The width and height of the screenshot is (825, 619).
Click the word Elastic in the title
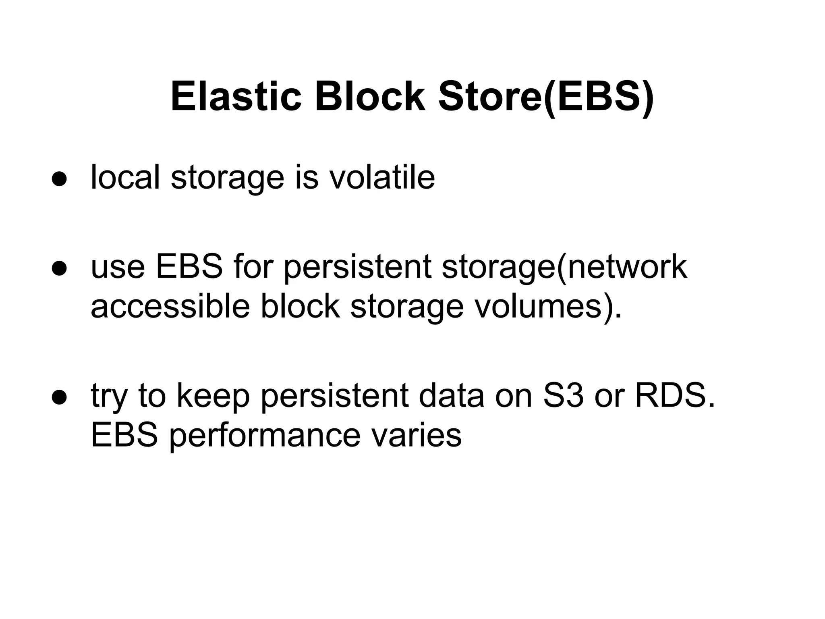[x=236, y=97]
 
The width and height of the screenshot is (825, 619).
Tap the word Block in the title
[x=369, y=97]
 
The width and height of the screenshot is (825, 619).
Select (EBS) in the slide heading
[x=598, y=97]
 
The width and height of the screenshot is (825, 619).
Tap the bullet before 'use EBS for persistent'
[x=59, y=268]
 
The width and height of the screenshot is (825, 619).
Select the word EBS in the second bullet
[x=189, y=266]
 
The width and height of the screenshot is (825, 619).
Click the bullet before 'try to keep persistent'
[x=59, y=397]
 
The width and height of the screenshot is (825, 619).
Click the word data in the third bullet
[x=451, y=395]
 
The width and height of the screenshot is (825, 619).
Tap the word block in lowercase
[x=300, y=306]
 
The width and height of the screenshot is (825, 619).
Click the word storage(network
[x=564, y=267]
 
